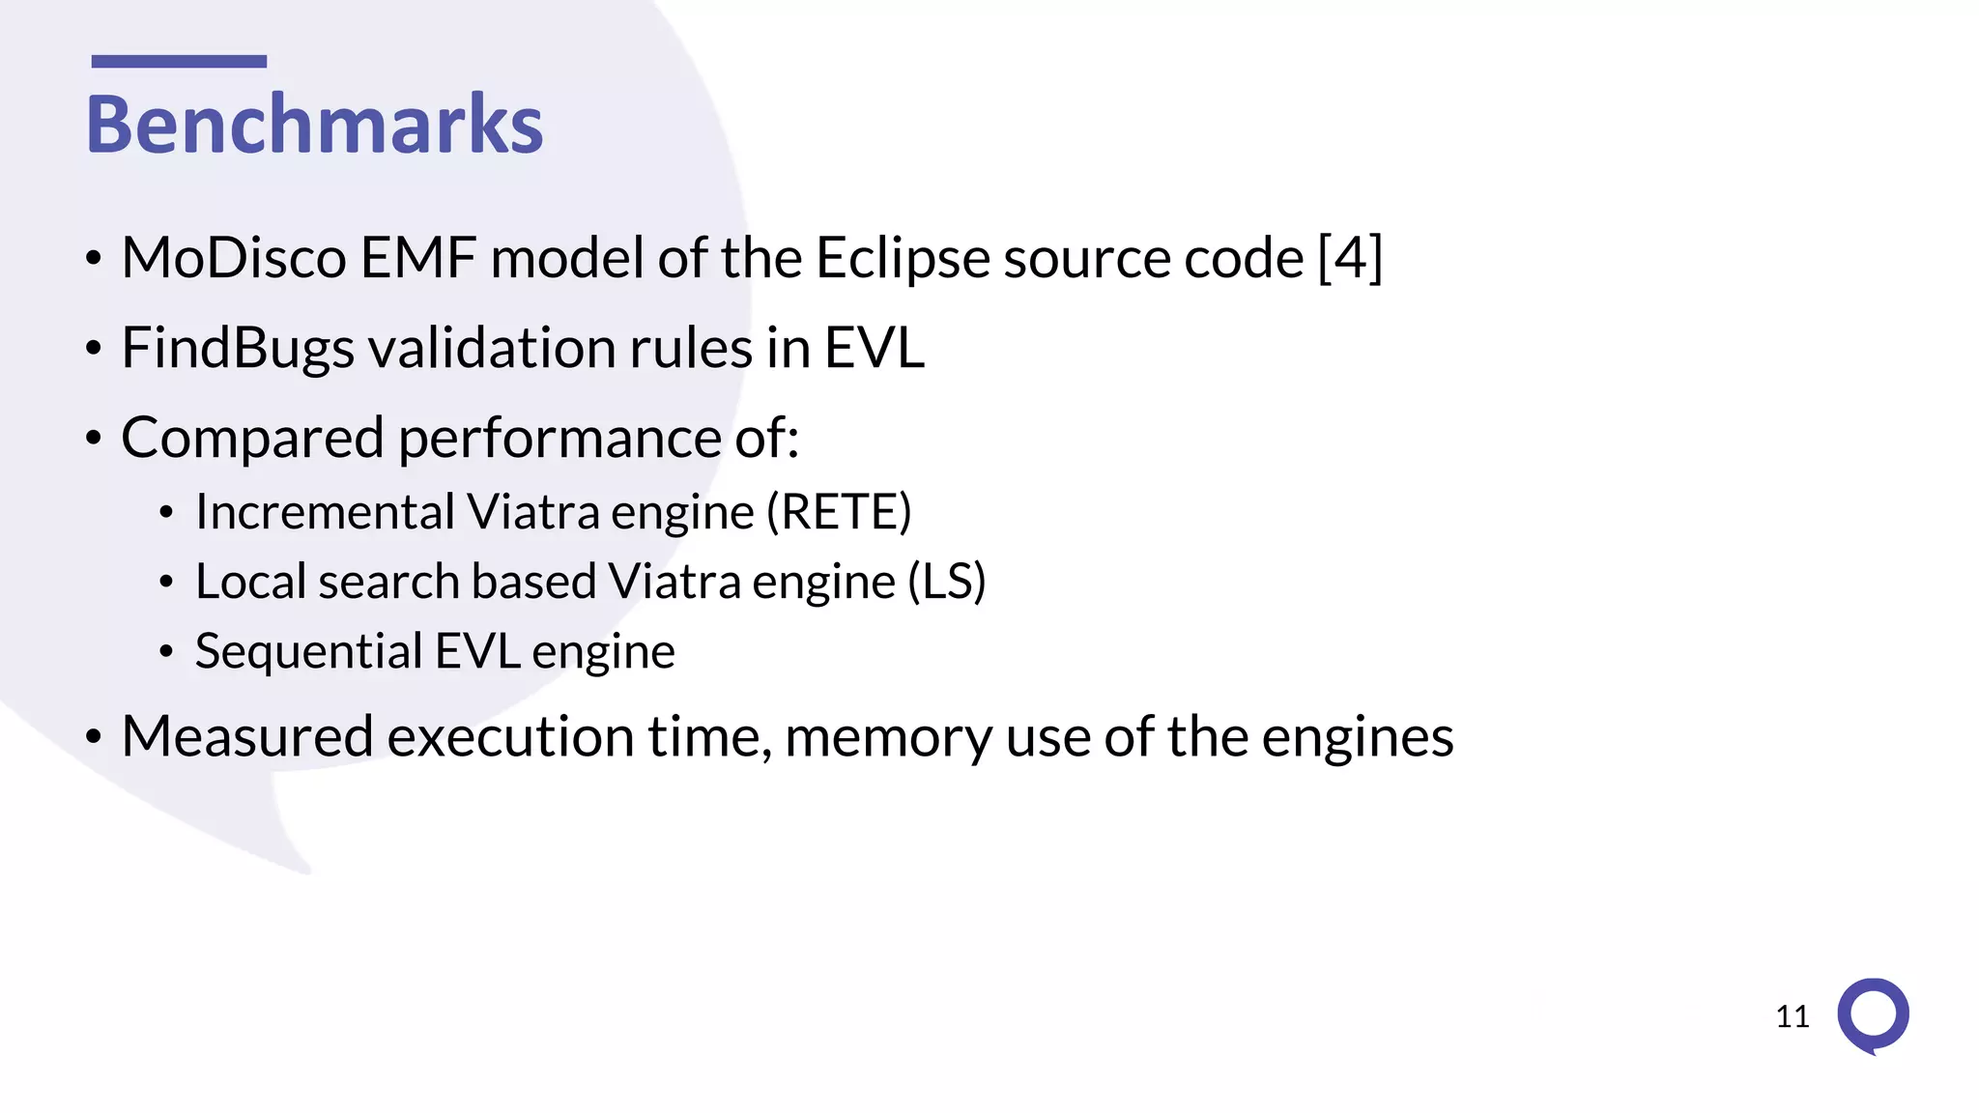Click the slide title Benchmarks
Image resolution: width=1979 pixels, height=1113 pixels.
314,125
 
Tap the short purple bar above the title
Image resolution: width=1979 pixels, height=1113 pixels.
179,62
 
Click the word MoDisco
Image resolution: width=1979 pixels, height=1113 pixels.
234,259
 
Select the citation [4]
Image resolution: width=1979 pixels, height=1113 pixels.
1350,258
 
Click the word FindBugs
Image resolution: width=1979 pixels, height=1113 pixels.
238,349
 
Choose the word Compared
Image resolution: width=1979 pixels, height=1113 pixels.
252,439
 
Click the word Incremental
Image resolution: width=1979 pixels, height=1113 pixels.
324,512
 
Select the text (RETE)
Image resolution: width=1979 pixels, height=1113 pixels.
839,512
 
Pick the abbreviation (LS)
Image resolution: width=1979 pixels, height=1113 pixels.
947,582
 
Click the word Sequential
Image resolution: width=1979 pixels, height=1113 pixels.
308,652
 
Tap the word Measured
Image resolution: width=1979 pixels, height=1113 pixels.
247,737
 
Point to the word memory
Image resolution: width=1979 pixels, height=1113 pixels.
888,738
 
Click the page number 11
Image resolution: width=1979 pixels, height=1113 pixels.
1793,1016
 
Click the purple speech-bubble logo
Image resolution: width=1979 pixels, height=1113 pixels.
1873,1015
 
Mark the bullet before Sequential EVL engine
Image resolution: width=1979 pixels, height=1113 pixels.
166,652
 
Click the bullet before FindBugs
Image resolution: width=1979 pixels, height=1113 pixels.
94,349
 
